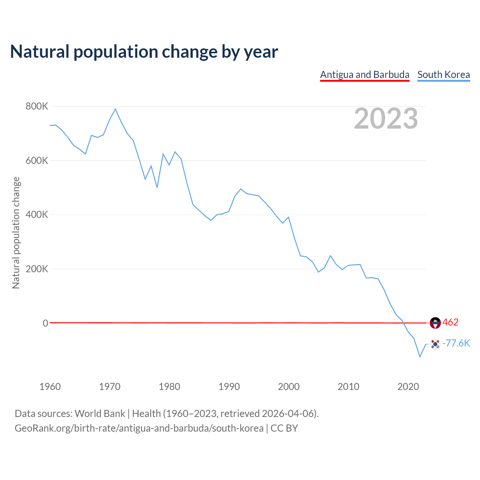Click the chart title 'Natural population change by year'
pyautogui.click(x=144, y=52)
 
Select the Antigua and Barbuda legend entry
pyautogui.click(x=364, y=75)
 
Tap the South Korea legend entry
pyautogui.click(x=444, y=75)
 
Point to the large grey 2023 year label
pyautogui.click(x=386, y=118)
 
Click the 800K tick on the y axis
pyautogui.click(x=37, y=106)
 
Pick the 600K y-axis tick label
pyautogui.click(x=37, y=160)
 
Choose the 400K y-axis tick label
pyautogui.click(x=37, y=215)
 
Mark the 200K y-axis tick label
pyautogui.click(x=37, y=269)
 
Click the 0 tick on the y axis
pyautogui.click(x=45, y=323)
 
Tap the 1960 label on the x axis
pyautogui.click(x=50, y=387)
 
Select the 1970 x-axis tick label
pyautogui.click(x=109, y=387)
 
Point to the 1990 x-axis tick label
pyautogui.click(x=229, y=387)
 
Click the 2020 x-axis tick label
pyautogui.click(x=408, y=387)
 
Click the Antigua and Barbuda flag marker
pyautogui.click(x=435, y=322)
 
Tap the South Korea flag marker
pyautogui.click(x=435, y=344)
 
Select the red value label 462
pyautogui.click(x=450, y=322)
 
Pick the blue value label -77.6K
pyautogui.click(x=456, y=343)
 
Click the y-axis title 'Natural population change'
pyautogui.click(x=16, y=232)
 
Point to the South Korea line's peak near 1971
pyautogui.click(x=115, y=109)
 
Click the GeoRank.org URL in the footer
pyautogui.click(x=139, y=428)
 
